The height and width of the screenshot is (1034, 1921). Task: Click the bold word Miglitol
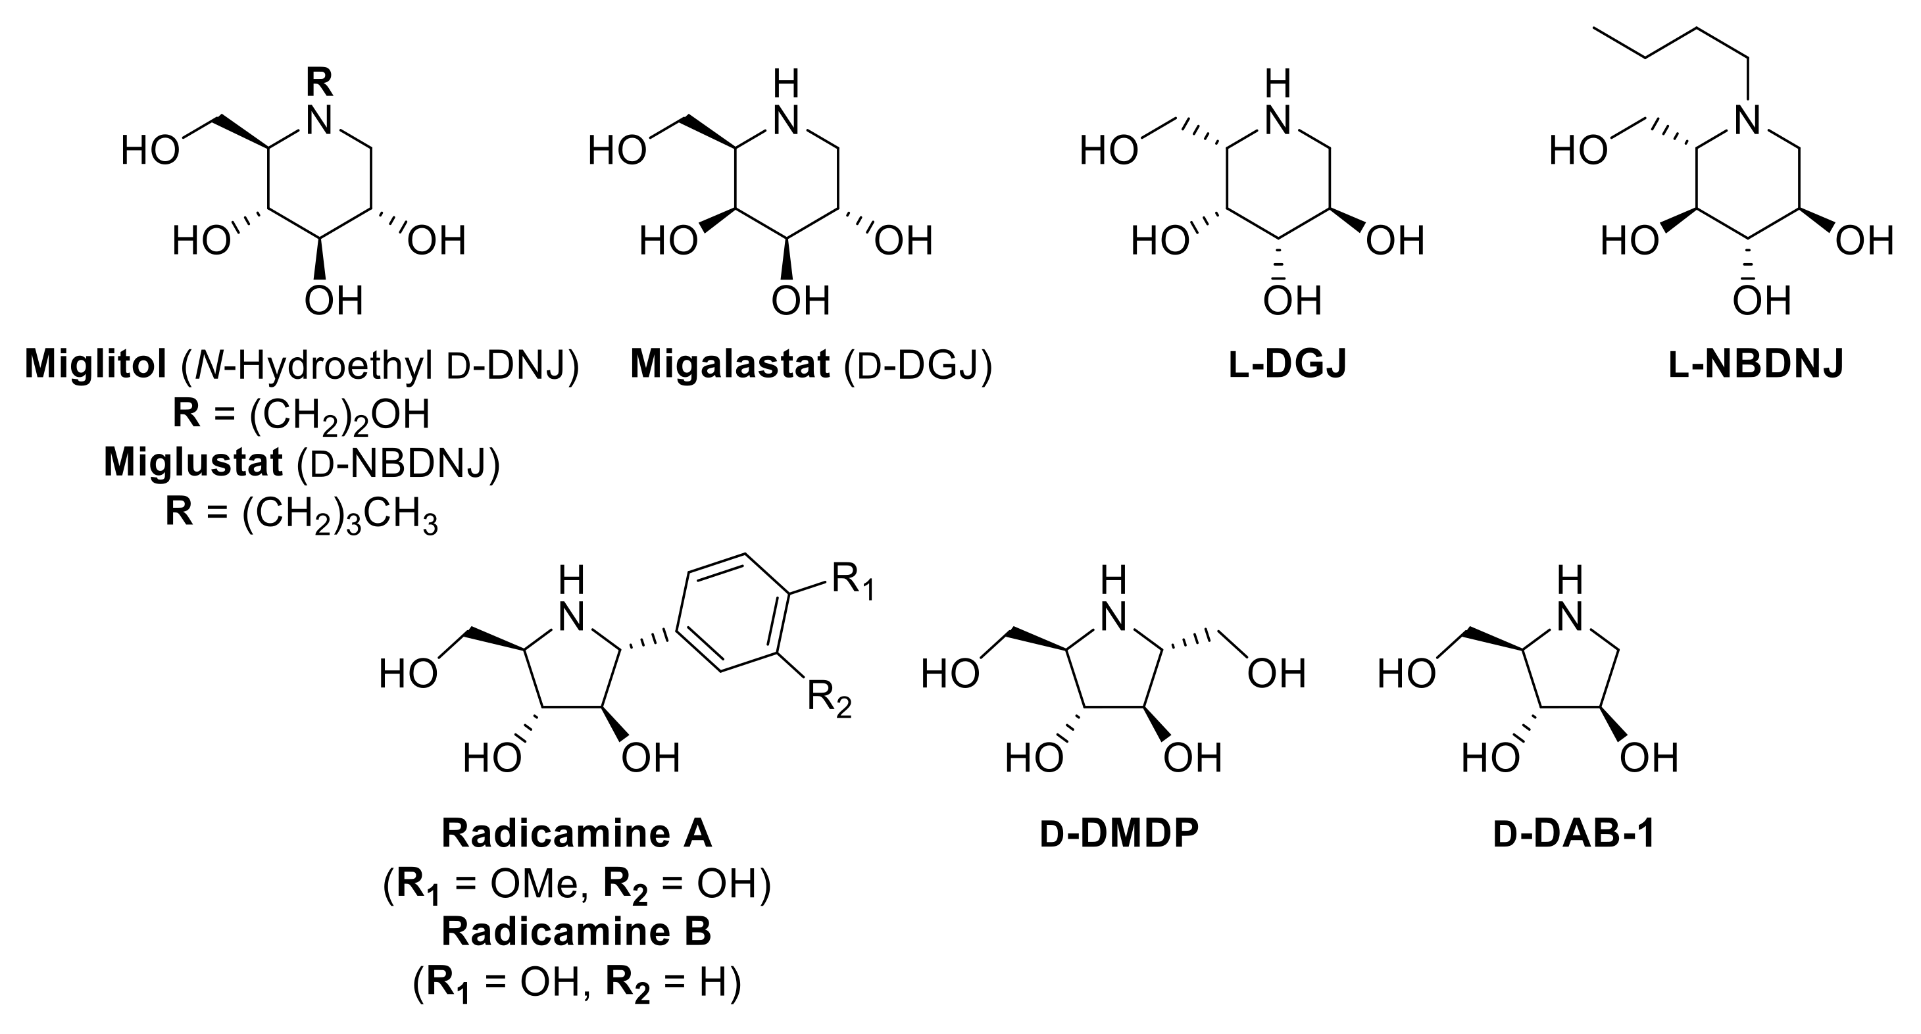click(95, 366)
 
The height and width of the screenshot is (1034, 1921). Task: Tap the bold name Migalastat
click(730, 366)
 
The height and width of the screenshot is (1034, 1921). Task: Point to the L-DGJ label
click(1288, 366)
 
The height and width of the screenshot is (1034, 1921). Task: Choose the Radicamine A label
click(576, 833)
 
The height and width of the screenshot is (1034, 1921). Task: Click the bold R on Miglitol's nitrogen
click(320, 83)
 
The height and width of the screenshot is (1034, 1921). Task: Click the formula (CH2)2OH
click(339, 416)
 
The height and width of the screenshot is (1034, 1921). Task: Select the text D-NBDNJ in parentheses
click(397, 463)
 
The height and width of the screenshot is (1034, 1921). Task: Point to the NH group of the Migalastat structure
click(786, 105)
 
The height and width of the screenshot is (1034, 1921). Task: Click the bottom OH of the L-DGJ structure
click(1292, 301)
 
